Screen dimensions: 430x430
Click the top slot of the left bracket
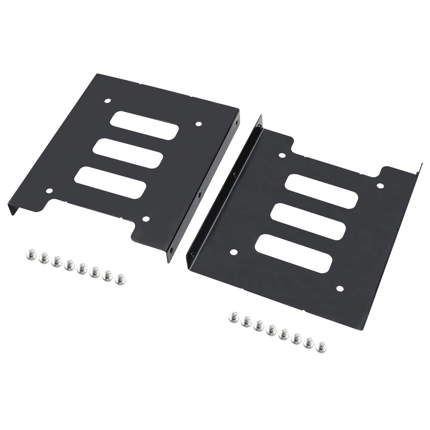point(144,125)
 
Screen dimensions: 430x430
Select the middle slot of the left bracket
point(128,153)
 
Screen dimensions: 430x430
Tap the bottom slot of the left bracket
point(110,183)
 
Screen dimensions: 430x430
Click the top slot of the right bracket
point(321,191)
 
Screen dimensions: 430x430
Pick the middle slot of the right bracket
point(308,221)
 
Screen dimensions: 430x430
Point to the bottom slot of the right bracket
point(293,253)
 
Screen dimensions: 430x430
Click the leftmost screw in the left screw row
point(30,255)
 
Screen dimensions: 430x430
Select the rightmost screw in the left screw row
point(120,279)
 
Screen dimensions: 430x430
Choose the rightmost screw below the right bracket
point(321,347)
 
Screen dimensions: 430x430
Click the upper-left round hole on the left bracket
point(107,101)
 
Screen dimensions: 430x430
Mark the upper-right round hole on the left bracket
point(198,124)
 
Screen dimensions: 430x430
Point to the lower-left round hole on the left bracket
point(49,191)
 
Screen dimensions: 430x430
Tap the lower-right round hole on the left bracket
point(146,219)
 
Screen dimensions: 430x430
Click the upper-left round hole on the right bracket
point(282,155)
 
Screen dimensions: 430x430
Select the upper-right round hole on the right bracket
point(380,186)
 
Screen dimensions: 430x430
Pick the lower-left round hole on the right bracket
point(234,252)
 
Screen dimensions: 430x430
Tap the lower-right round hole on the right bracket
point(340,288)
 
